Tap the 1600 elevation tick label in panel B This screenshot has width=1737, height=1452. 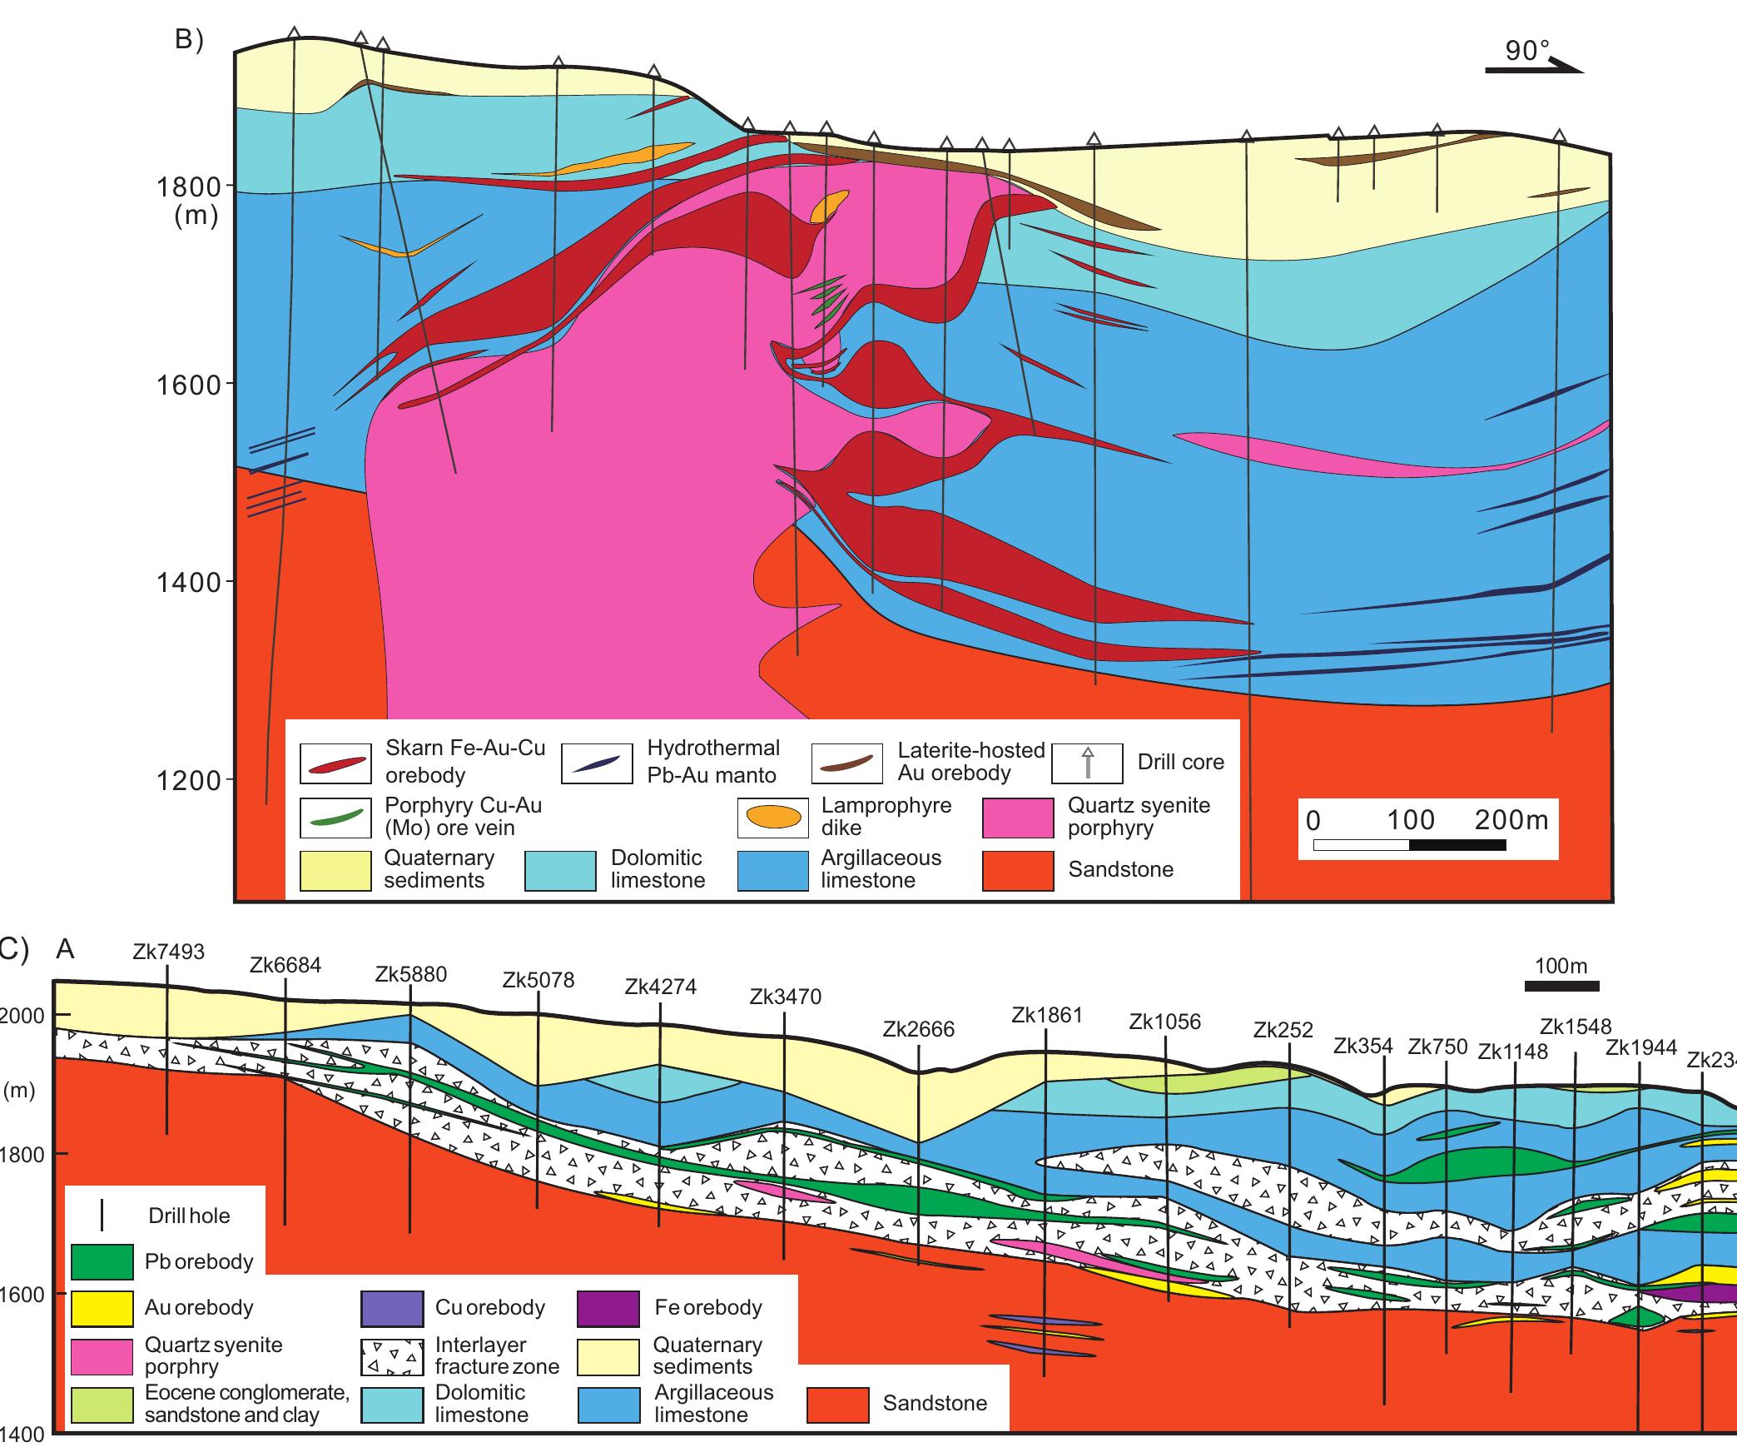tap(189, 385)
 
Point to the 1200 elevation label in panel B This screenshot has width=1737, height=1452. tap(189, 781)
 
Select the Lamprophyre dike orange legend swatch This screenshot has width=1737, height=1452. tap(772, 818)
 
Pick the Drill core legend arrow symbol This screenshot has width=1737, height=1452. tap(1086, 763)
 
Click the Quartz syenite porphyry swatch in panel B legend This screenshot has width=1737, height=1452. tap(1017, 818)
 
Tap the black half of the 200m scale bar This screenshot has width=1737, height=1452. tap(1457, 845)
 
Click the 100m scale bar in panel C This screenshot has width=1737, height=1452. tap(1561, 987)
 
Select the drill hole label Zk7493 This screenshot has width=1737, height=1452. tap(168, 952)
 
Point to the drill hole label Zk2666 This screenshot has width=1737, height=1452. tap(918, 1030)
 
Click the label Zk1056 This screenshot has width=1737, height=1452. tap(1164, 1022)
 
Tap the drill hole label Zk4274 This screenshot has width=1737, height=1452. tap(660, 987)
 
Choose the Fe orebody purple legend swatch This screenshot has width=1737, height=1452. tap(608, 1308)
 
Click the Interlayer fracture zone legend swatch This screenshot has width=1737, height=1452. tap(392, 1357)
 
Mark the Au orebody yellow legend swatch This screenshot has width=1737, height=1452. tap(102, 1308)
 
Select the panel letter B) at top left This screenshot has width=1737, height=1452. tap(190, 41)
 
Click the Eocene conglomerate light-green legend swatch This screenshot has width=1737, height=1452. tap(102, 1405)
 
